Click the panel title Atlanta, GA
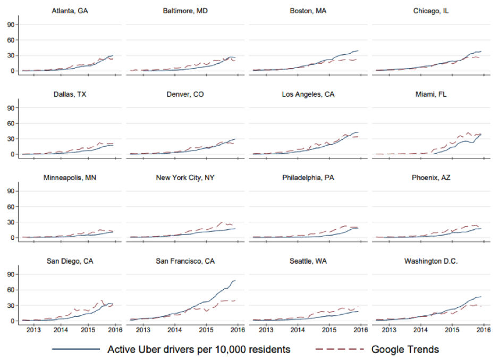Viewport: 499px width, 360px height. [70, 11]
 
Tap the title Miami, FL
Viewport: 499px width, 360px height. [434, 94]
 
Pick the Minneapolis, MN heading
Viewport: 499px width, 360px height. [70, 178]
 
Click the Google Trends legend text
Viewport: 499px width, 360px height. [405, 349]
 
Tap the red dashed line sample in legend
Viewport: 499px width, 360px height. [340, 349]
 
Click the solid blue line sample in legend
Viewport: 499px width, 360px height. [76, 349]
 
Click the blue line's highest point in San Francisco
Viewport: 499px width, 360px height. [234, 280]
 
